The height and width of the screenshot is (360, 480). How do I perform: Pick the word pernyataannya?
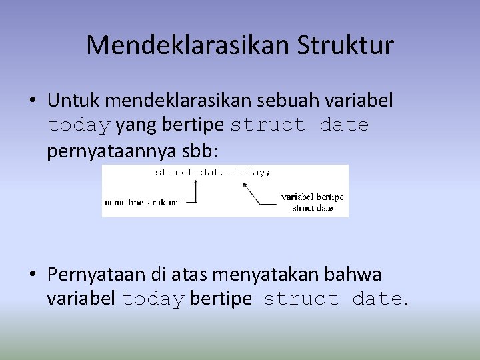111,151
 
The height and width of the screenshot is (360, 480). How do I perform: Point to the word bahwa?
356,274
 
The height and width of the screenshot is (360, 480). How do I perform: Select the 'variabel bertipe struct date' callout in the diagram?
312,203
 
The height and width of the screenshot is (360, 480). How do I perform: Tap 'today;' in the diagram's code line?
252,172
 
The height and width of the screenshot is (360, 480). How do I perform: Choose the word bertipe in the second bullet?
221,299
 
